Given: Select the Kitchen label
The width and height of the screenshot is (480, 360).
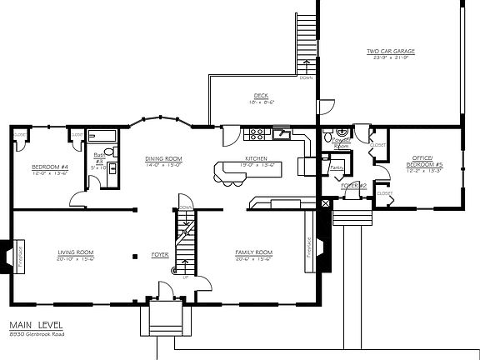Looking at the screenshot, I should pyautogui.click(x=255, y=158).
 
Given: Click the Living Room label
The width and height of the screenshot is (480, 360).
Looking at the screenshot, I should pyautogui.click(x=75, y=252).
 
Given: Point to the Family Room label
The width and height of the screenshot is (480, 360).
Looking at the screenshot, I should pyautogui.click(x=255, y=252).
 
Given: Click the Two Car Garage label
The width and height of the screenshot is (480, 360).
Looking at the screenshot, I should pyautogui.click(x=391, y=51).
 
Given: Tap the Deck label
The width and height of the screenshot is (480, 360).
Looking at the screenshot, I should pyautogui.click(x=260, y=95).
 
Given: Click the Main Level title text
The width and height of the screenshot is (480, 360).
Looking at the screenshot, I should pyautogui.click(x=35, y=327).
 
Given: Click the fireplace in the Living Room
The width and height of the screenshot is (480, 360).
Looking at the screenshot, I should pyautogui.click(x=17, y=257).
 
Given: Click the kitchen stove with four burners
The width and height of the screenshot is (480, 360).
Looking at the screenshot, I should pyautogui.click(x=258, y=133).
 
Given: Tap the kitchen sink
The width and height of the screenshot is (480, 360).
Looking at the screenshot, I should pyautogui.click(x=284, y=133).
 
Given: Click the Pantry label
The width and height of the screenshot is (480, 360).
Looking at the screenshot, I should pyautogui.click(x=337, y=167).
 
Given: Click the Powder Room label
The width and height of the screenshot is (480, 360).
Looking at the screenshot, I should pyautogui.click(x=341, y=142).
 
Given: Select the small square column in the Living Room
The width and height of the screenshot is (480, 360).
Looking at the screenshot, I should pyautogui.click(x=134, y=254).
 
